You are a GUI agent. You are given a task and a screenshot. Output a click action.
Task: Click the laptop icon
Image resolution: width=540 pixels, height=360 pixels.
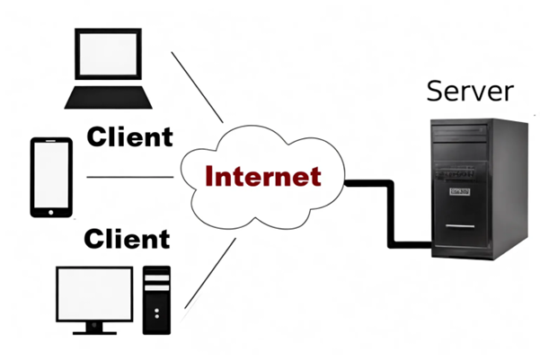[x=105, y=67]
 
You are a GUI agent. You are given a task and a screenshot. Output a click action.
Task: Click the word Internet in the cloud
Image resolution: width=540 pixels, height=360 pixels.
[x=262, y=175]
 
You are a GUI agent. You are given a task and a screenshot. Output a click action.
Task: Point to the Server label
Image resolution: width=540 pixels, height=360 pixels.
[x=469, y=92]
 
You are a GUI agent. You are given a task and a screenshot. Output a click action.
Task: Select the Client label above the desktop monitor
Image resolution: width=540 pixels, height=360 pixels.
[x=127, y=240]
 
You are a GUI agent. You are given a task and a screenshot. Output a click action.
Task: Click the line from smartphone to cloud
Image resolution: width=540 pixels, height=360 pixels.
[x=130, y=177]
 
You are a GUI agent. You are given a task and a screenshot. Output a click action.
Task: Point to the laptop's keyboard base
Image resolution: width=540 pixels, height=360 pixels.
[x=105, y=96]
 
